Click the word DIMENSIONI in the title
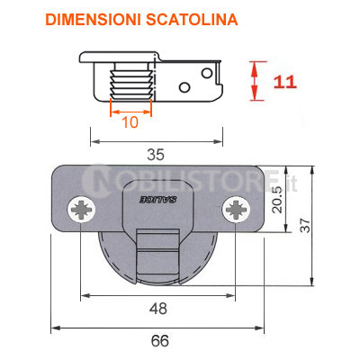tap(93, 20)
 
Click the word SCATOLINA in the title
tap(192, 20)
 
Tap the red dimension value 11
tap(284, 82)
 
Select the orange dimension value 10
tap(130, 122)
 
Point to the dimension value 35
tap(156, 155)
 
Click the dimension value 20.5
tap(277, 199)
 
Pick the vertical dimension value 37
tap(305, 225)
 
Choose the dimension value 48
tap(158, 309)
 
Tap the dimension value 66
tap(160, 341)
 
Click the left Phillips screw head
tap(82, 209)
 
